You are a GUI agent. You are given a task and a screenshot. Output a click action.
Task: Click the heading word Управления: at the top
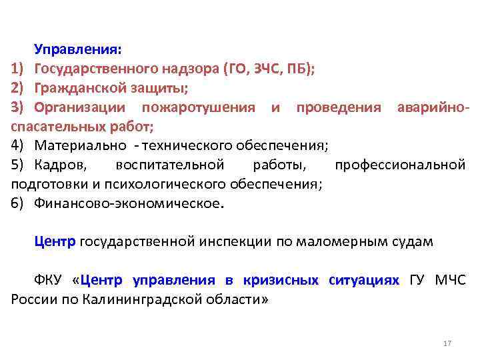point(78,49)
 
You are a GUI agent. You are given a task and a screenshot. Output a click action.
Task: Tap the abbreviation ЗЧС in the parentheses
point(266,68)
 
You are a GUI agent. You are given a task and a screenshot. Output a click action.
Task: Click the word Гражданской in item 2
point(74,87)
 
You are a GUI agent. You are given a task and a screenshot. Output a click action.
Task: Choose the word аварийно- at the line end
point(433,107)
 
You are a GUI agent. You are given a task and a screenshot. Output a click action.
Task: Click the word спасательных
point(51,126)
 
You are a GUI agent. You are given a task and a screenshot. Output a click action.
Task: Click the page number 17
point(447,343)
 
